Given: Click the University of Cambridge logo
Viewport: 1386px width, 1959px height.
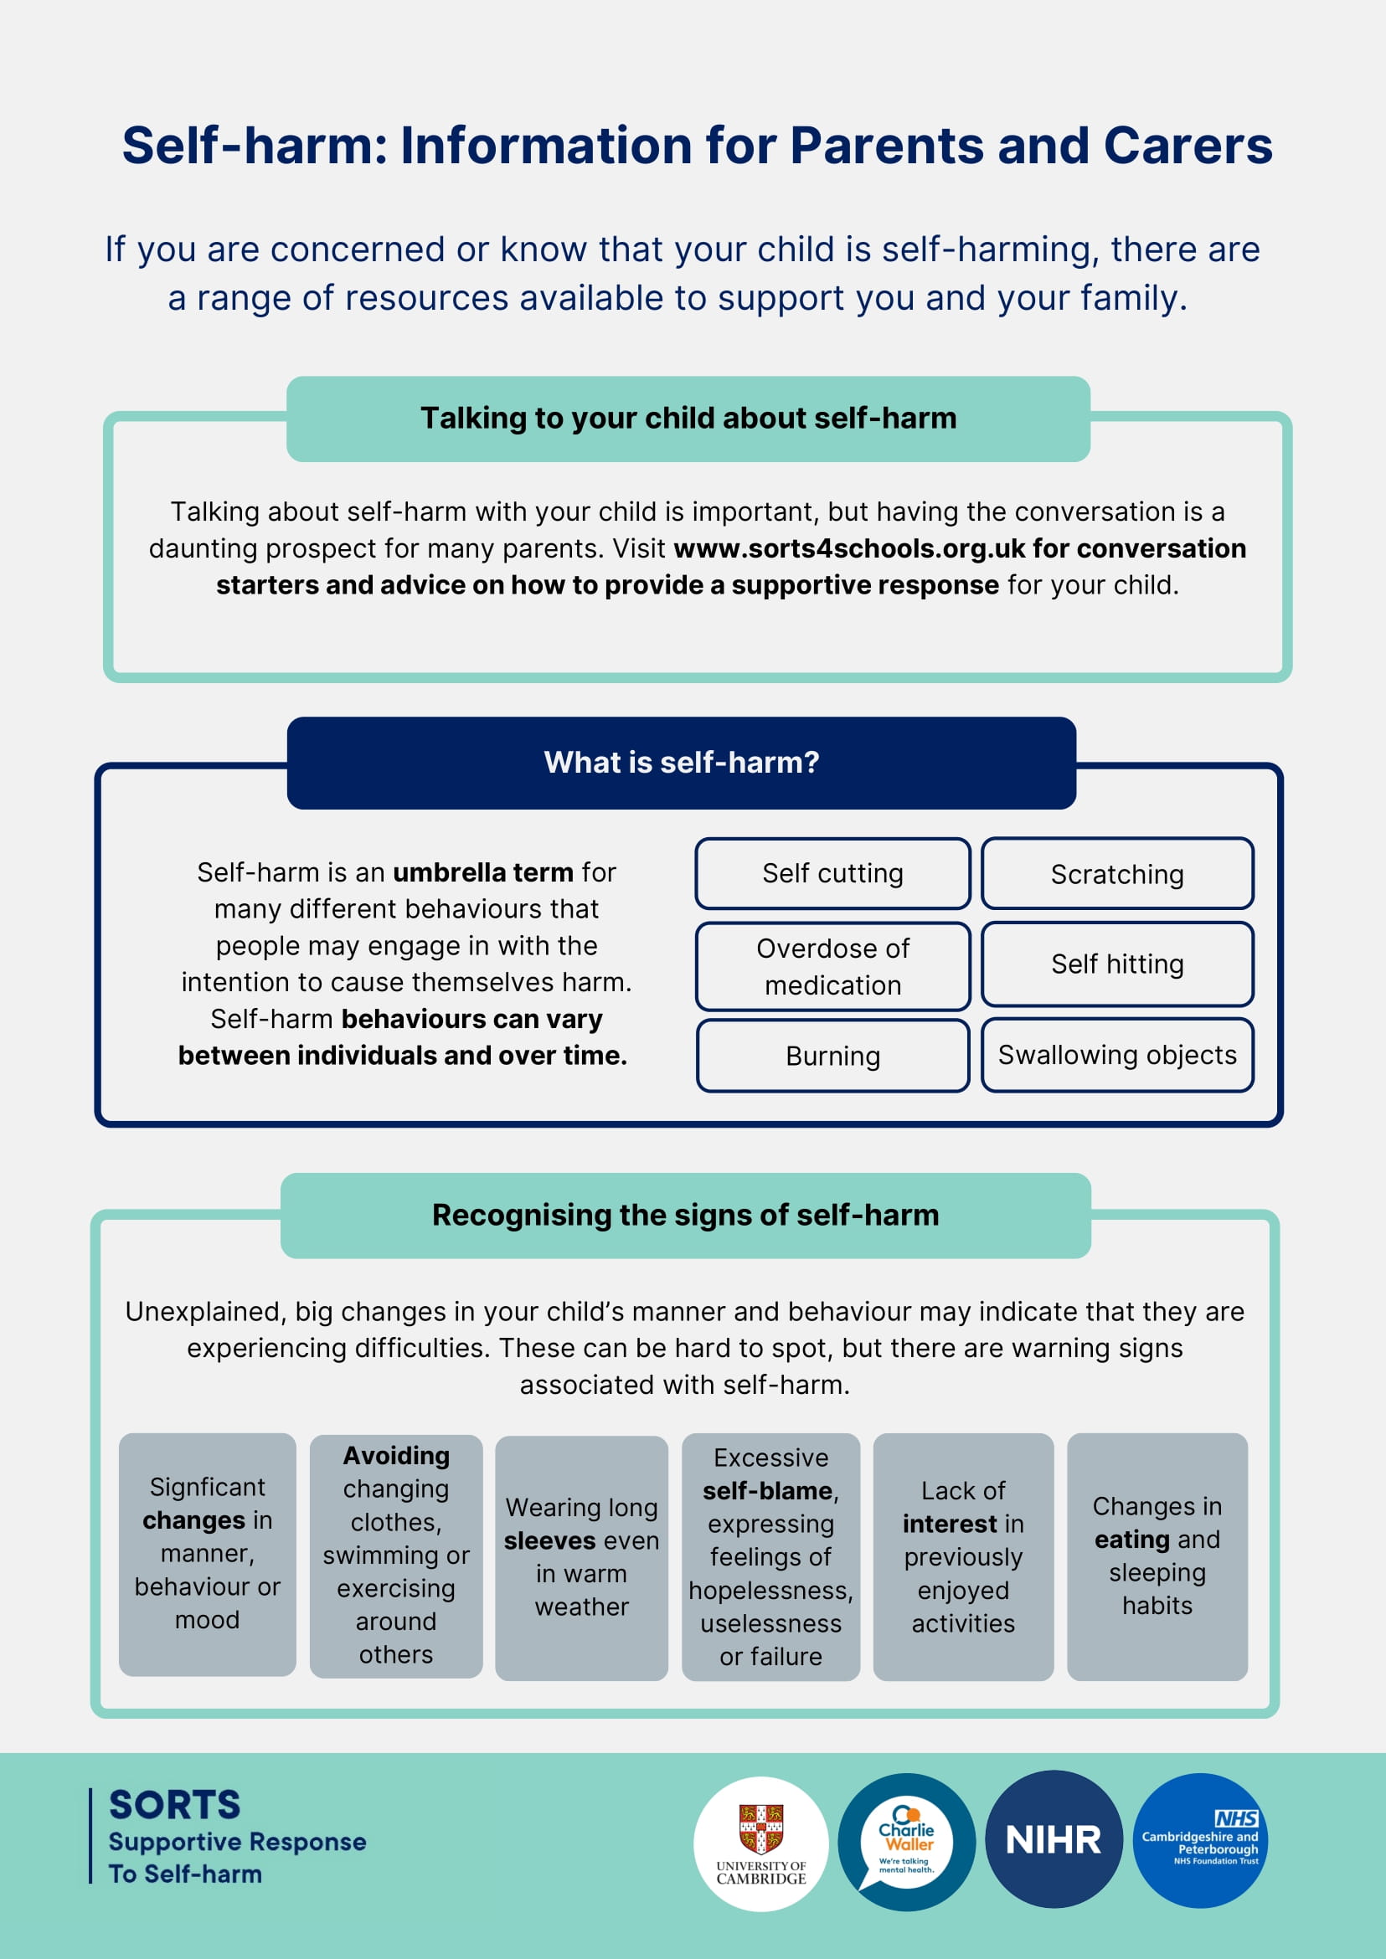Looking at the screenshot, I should click(760, 1843).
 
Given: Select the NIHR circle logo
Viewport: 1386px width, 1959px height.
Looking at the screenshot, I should click(1054, 1840).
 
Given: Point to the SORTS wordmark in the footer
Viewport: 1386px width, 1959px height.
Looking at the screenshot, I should click(175, 1805).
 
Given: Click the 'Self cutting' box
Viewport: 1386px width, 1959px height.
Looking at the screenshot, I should click(832, 874).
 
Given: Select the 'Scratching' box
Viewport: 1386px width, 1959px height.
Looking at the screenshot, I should click(1116, 874).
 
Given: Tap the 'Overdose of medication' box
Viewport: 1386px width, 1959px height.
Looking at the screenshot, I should click(832, 967).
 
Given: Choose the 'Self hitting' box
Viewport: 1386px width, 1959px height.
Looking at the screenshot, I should click(1116, 964).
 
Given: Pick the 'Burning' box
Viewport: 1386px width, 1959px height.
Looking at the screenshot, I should click(832, 1057).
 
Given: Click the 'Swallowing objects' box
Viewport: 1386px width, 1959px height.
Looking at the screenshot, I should click(1116, 1056).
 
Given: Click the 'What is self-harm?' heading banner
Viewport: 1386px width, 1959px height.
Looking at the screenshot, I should click(681, 763).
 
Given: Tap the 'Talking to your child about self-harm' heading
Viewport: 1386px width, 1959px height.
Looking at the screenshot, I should click(688, 419).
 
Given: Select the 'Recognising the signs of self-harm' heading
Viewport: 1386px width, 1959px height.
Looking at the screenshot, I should click(685, 1215).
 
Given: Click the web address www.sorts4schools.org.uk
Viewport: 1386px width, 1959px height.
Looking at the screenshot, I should click(849, 548).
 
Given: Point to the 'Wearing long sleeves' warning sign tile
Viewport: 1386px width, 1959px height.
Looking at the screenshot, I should click(581, 1557).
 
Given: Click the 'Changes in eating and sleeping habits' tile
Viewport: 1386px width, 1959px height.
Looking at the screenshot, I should click(1157, 1555).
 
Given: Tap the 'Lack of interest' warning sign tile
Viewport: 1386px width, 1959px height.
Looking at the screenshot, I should click(963, 1556).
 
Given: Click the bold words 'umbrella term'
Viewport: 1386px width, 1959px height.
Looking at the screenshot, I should click(483, 873).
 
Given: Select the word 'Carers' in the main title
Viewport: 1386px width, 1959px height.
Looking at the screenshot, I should click(1188, 146).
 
